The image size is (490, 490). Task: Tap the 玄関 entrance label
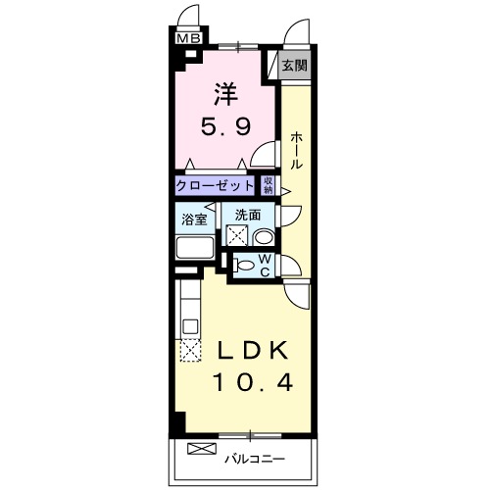[x=293, y=67]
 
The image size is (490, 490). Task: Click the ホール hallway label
[x=296, y=152]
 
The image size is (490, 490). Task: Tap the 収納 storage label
[x=269, y=185]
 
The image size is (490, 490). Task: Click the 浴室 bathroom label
[x=194, y=218]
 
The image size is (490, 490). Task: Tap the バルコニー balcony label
[x=256, y=457]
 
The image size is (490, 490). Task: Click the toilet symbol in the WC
[x=246, y=266]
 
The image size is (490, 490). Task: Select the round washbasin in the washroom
[x=263, y=236]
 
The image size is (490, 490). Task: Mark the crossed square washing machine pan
[x=236, y=235]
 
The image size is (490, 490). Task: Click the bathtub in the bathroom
[x=196, y=247]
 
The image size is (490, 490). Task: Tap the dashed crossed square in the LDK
[x=188, y=349]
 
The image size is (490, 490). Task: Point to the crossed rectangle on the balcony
[x=199, y=450]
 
